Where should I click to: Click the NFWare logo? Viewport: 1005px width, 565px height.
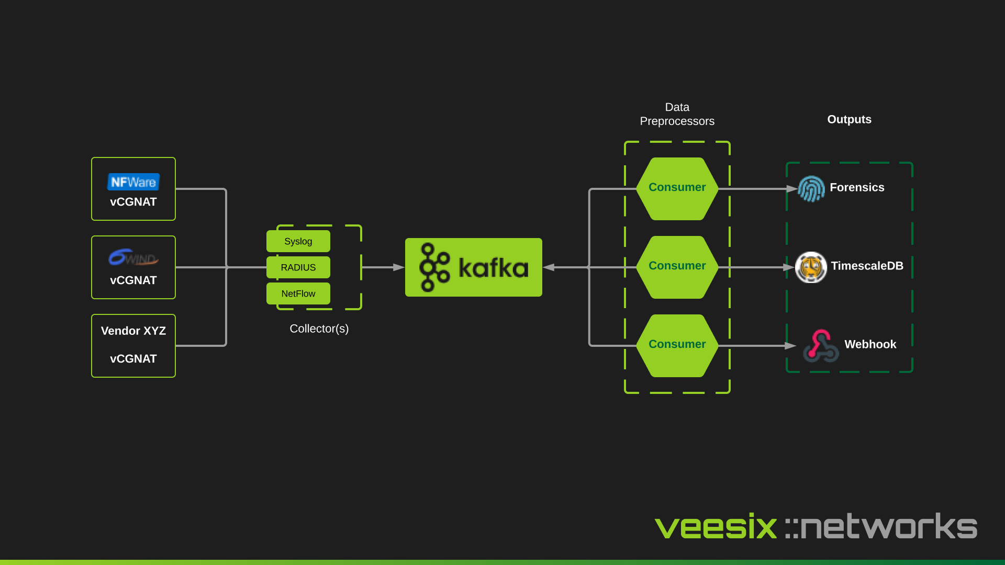pyautogui.click(x=133, y=182)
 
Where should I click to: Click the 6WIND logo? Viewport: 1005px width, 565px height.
pyautogui.click(x=133, y=257)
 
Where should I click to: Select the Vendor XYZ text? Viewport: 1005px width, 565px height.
pyautogui.click(x=133, y=331)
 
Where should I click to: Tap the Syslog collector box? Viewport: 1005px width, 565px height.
pyautogui.click(x=298, y=241)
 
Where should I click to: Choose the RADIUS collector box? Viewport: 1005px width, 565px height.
pyautogui.click(x=298, y=267)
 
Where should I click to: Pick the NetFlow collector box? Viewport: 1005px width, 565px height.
pyautogui.click(x=298, y=293)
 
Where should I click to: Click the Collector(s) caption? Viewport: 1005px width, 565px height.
pyautogui.click(x=319, y=329)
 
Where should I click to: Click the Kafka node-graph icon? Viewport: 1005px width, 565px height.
pyautogui.click(x=434, y=267)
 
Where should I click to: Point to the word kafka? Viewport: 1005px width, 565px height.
pyautogui.click(x=493, y=268)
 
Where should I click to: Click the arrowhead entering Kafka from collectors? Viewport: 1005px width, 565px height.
pyautogui.click(x=399, y=267)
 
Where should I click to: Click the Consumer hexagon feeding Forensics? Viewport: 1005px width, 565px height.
pyautogui.click(x=677, y=188)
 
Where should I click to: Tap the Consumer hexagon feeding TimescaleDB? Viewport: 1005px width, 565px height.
pyautogui.click(x=677, y=267)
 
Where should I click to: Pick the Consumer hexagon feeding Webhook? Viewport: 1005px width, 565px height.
pyautogui.click(x=677, y=345)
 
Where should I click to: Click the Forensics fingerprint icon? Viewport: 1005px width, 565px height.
pyautogui.click(x=811, y=189)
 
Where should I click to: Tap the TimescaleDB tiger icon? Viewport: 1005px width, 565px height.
pyautogui.click(x=811, y=267)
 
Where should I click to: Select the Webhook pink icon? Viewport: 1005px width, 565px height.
pyautogui.click(x=820, y=346)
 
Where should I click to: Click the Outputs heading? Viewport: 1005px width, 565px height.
pyautogui.click(x=849, y=119)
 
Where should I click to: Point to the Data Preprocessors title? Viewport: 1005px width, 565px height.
pyautogui.click(x=677, y=114)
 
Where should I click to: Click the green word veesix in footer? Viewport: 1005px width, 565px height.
pyautogui.click(x=716, y=527)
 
